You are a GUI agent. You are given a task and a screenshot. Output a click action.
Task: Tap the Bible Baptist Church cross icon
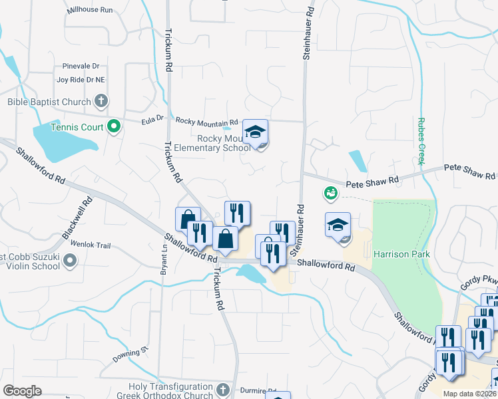click(x=101, y=102)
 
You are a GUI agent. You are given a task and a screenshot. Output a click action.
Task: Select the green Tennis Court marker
click(x=113, y=125)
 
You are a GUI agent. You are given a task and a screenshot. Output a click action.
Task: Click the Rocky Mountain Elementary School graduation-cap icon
click(x=255, y=132)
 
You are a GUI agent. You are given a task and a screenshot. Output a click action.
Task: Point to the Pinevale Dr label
click(x=81, y=66)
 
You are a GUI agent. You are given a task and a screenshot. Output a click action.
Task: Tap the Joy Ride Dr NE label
click(x=81, y=80)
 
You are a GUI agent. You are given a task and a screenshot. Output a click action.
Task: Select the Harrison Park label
click(x=401, y=254)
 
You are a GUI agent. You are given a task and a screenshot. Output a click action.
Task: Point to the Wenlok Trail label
click(x=85, y=245)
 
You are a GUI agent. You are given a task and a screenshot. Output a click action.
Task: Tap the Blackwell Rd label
click(x=77, y=218)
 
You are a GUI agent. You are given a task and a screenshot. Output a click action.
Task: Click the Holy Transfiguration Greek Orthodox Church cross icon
click(x=224, y=389)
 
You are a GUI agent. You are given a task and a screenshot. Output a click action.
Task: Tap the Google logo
click(x=22, y=391)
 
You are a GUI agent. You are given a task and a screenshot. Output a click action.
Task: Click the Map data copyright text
click(x=469, y=394)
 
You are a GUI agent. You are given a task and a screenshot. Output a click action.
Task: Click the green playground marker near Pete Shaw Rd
click(x=330, y=194)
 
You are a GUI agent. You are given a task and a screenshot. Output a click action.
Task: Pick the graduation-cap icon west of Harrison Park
click(x=338, y=225)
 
